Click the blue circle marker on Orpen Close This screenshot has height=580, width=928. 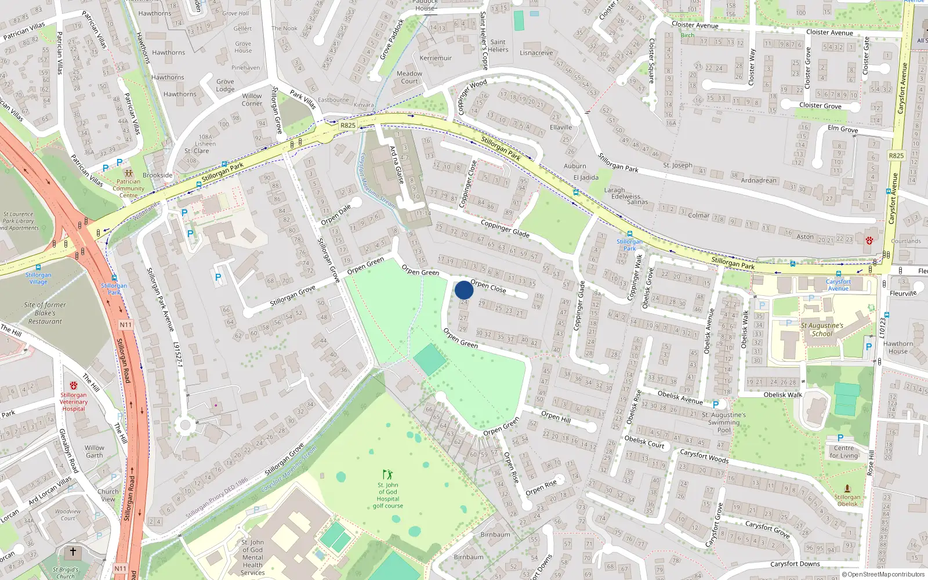pos(464,290)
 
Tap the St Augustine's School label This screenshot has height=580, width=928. pos(822,329)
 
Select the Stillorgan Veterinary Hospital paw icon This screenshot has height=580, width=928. pos(74,386)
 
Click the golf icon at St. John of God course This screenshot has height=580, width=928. pos(387,474)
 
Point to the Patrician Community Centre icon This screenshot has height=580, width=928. pos(128,173)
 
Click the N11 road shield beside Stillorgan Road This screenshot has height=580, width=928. pos(126,325)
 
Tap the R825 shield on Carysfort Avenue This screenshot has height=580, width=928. pos(896,155)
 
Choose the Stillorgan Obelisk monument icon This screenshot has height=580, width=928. pos(847,488)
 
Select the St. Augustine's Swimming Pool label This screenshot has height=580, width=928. pos(724,422)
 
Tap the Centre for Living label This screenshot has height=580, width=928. pos(843,451)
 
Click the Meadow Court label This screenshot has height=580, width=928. pos(409,77)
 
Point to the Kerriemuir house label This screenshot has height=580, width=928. pos(436,58)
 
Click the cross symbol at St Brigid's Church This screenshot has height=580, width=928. pos(73,552)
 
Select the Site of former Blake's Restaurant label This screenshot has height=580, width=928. pos(45,313)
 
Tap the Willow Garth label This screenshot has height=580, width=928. pos(95,451)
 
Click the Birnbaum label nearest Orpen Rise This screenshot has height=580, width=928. pos(495,535)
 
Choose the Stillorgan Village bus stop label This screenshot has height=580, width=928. pos(38,278)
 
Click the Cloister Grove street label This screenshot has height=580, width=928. pos(820,106)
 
